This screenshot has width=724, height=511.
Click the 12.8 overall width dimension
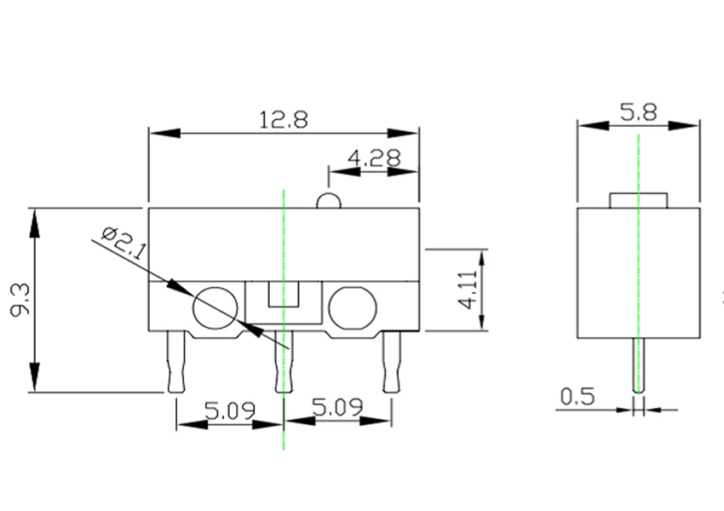point(283,119)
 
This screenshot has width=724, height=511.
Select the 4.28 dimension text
point(375,158)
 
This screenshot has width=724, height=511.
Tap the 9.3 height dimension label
point(20,300)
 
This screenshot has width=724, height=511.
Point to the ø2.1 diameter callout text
point(124,244)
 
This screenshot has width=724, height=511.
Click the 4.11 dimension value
point(468,290)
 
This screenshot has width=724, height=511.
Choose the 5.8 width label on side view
point(638,112)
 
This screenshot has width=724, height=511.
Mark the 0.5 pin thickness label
point(577,397)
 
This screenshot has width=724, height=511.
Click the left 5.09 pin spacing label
point(229,411)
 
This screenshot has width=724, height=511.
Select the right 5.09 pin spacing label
point(337,407)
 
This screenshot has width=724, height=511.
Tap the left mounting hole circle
point(215,287)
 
